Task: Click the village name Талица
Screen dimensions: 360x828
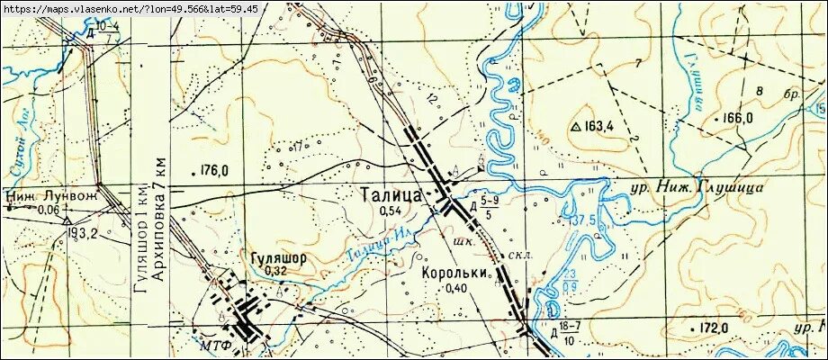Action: pos(390,194)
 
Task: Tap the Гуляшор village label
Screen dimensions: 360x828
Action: pos(278,256)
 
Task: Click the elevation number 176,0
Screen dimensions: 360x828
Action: pos(212,170)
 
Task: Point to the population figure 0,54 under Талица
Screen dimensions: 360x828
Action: pos(390,211)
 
